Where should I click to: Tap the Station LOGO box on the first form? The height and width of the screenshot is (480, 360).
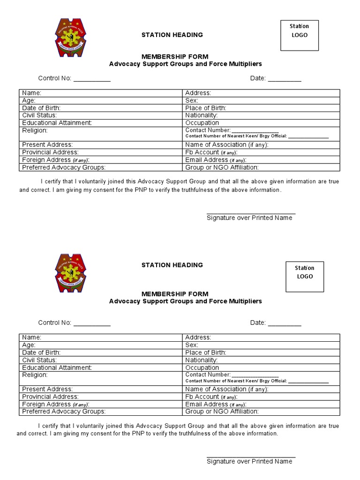(299, 35)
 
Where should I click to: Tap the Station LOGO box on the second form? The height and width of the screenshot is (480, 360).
(304, 277)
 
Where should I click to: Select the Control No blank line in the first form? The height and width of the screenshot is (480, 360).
(92, 79)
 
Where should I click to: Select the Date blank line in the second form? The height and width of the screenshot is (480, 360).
(285, 323)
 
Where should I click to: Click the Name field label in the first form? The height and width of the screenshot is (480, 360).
(32, 93)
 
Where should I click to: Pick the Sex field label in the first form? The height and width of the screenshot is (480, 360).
(192, 100)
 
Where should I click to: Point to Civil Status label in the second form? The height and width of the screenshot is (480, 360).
(39, 360)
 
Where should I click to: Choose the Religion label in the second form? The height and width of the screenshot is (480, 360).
(35, 375)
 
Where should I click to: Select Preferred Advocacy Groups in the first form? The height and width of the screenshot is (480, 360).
(64, 167)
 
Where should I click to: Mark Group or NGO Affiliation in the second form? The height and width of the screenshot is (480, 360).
(222, 412)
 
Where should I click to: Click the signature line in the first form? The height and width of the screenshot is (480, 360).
(251, 213)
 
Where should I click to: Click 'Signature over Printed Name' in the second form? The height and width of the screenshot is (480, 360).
(249, 461)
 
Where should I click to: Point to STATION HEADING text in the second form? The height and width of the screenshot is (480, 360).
(172, 265)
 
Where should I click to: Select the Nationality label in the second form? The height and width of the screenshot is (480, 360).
(202, 360)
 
